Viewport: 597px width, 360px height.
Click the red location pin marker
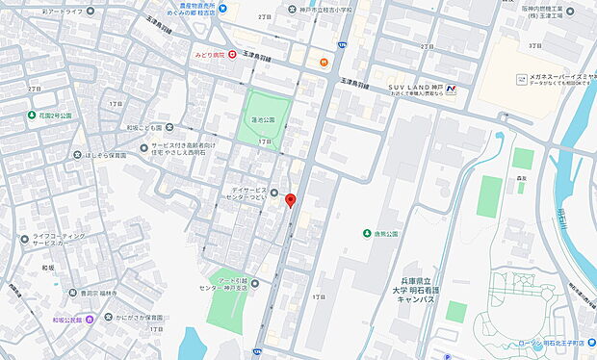coord(290,199)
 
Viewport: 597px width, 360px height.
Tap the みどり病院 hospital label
coord(209,55)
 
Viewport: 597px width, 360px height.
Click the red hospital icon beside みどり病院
coord(232,55)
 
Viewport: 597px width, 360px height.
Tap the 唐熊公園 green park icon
coord(366,234)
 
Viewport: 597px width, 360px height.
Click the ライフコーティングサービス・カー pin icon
coord(22,235)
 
